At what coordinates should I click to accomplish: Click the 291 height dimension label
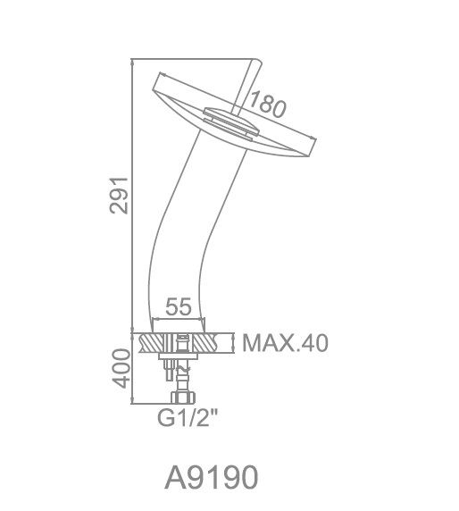click(119, 196)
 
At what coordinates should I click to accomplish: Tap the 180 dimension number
click(267, 105)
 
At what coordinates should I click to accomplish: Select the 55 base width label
click(179, 306)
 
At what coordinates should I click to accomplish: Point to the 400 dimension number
click(121, 368)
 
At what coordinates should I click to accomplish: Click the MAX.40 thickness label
click(285, 343)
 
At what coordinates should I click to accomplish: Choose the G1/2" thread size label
click(188, 418)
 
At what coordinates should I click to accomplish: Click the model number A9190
click(212, 477)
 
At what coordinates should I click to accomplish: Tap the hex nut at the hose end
click(183, 398)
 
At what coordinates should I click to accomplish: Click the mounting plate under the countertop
click(179, 356)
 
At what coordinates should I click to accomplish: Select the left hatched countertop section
click(153, 343)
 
